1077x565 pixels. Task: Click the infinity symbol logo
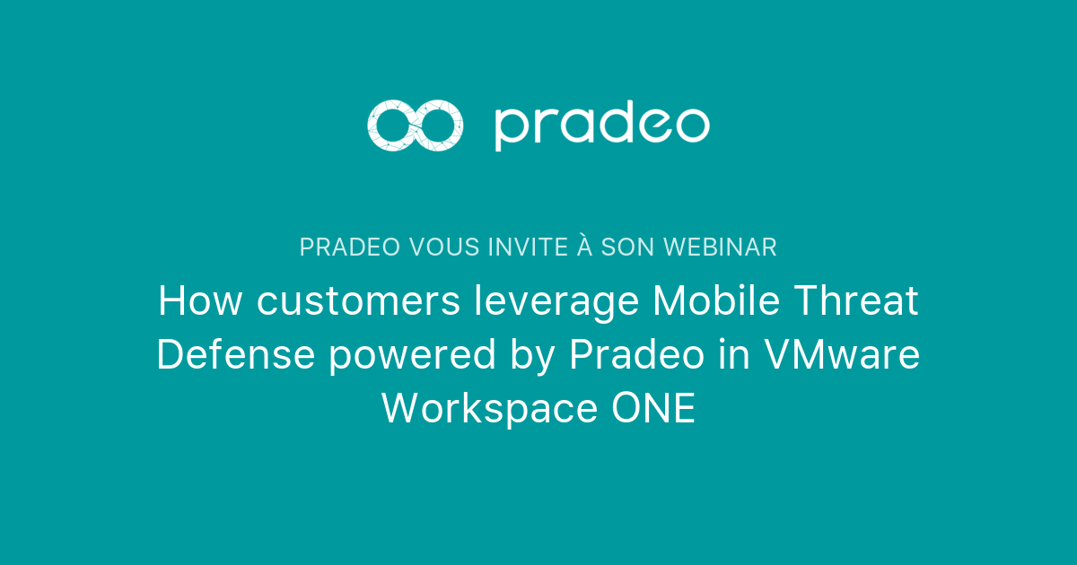416,125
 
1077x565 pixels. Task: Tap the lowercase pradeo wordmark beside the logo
601,126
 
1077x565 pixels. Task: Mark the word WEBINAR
723,248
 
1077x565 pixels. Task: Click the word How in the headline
201,301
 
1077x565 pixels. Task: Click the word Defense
236,355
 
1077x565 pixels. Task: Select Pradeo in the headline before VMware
635,355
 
